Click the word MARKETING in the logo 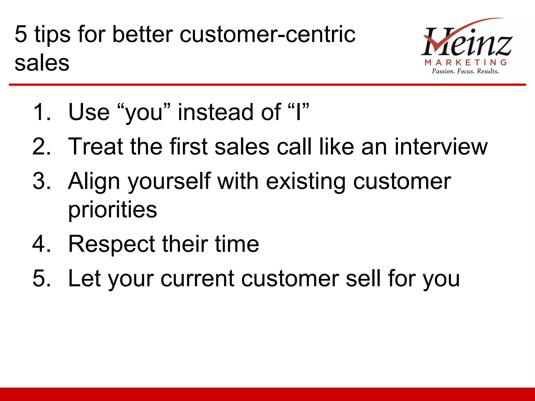466,62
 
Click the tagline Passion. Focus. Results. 465,71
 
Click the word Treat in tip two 95,146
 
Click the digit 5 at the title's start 21,34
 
